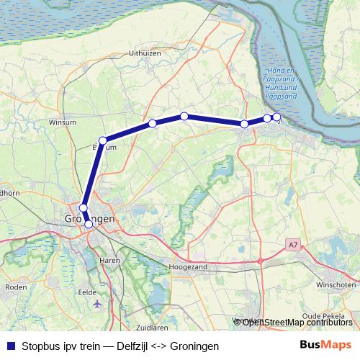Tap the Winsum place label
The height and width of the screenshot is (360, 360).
pos(63,122)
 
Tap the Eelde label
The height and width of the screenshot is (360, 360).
pos(88,293)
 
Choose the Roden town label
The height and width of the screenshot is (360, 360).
pos(15,287)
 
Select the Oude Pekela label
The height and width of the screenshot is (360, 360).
pos(323,315)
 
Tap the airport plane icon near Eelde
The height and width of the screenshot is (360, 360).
pos(97,305)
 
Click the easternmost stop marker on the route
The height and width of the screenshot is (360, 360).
pos(276,117)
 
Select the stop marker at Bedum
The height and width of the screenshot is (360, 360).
pos(103,140)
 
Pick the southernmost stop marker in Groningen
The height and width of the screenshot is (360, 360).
pos(89,224)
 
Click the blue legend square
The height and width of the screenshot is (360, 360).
pos(11,346)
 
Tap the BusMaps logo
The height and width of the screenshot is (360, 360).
pos(325,345)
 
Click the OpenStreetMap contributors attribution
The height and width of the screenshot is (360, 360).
pos(296,322)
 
